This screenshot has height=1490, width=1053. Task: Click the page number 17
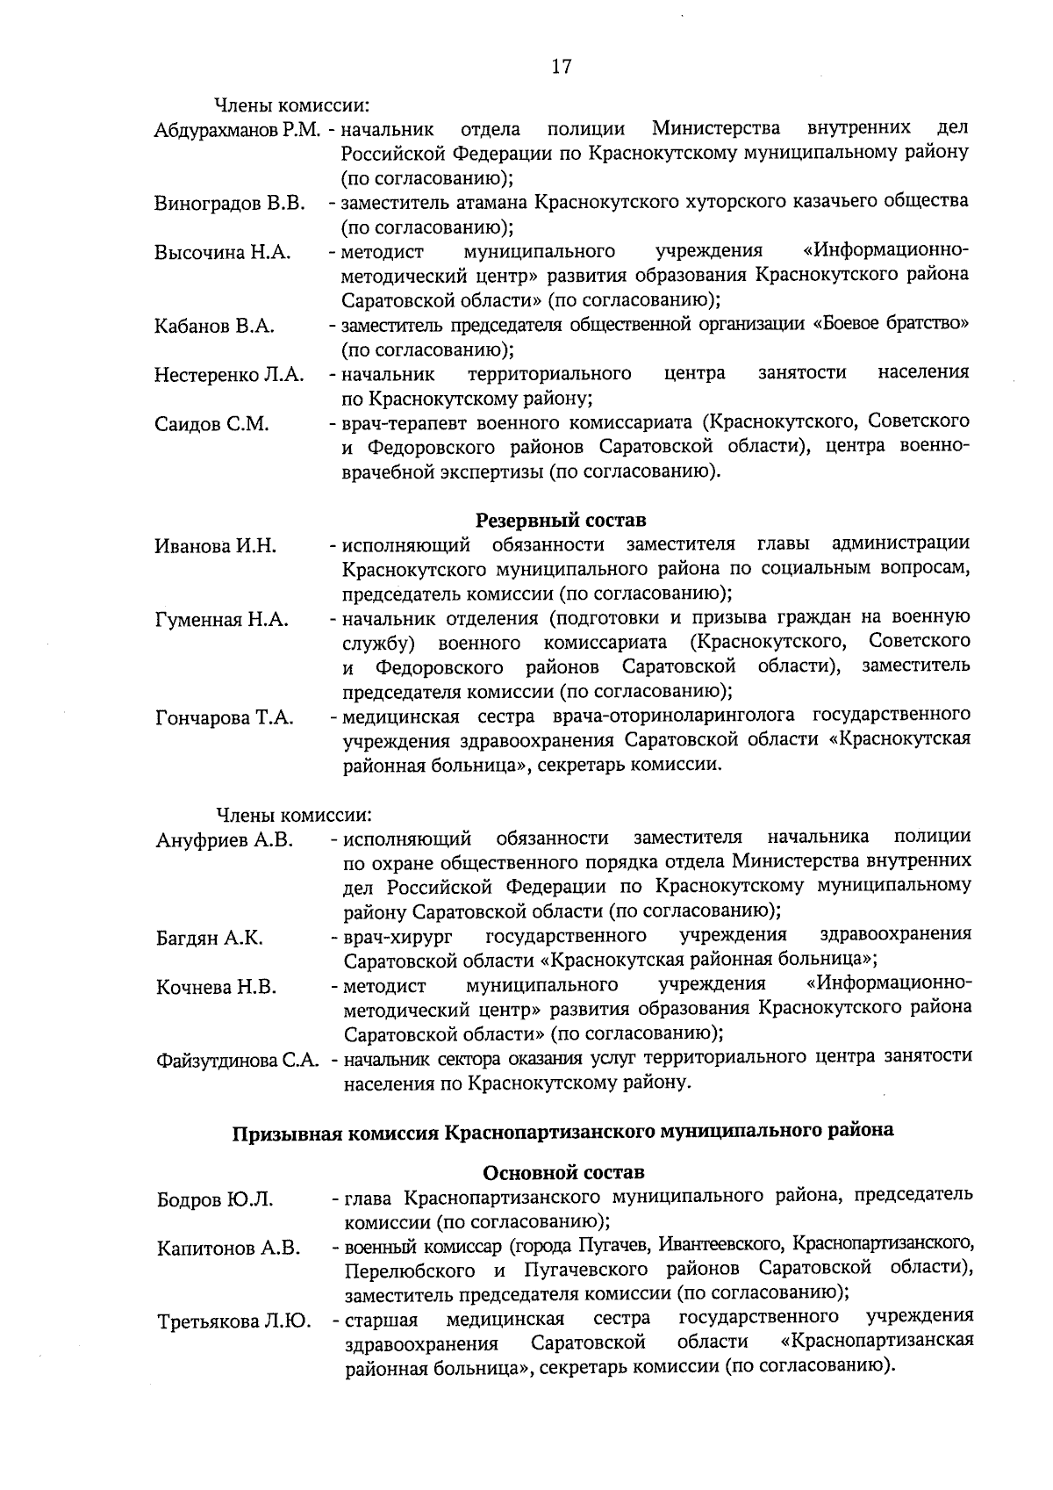pyautogui.click(x=562, y=68)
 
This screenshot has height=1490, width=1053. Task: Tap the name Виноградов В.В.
pyautogui.click(x=230, y=205)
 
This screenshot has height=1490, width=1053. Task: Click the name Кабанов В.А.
pyautogui.click(x=214, y=327)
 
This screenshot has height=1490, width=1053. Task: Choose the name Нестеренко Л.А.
pyautogui.click(x=229, y=376)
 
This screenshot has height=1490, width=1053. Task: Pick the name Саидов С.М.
pyautogui.click(x=211, y=425)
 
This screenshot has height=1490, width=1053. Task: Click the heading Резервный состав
pyautogui.click(x=561, y=521)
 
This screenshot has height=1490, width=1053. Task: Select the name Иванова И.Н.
pyautogui.click(x=216, y=546)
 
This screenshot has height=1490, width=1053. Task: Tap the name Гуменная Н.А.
pyautogui.click(x=222, y=620)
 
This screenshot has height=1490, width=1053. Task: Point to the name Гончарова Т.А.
pyautogui.click(x=225, y=718)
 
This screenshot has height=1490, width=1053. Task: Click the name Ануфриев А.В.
pyautogui.click(x=224, y=840)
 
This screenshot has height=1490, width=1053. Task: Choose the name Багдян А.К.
pyautogui.click(x=210, y=938)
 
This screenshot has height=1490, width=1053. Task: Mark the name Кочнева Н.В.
pyautogui.click(x=217, y=988)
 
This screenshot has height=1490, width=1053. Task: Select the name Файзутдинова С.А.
pyautogui.click(x=237, y=1061)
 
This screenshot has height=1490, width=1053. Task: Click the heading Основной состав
pyautogui.click(x=563, y=1172)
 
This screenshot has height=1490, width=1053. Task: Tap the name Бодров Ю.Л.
pyautogui.click(x=215, y=1199)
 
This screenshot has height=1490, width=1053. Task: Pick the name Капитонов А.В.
pyautogui.click(x=229, y=1248)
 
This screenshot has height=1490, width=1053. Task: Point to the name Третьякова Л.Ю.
pyautogui.click(x=234, y=1321)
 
